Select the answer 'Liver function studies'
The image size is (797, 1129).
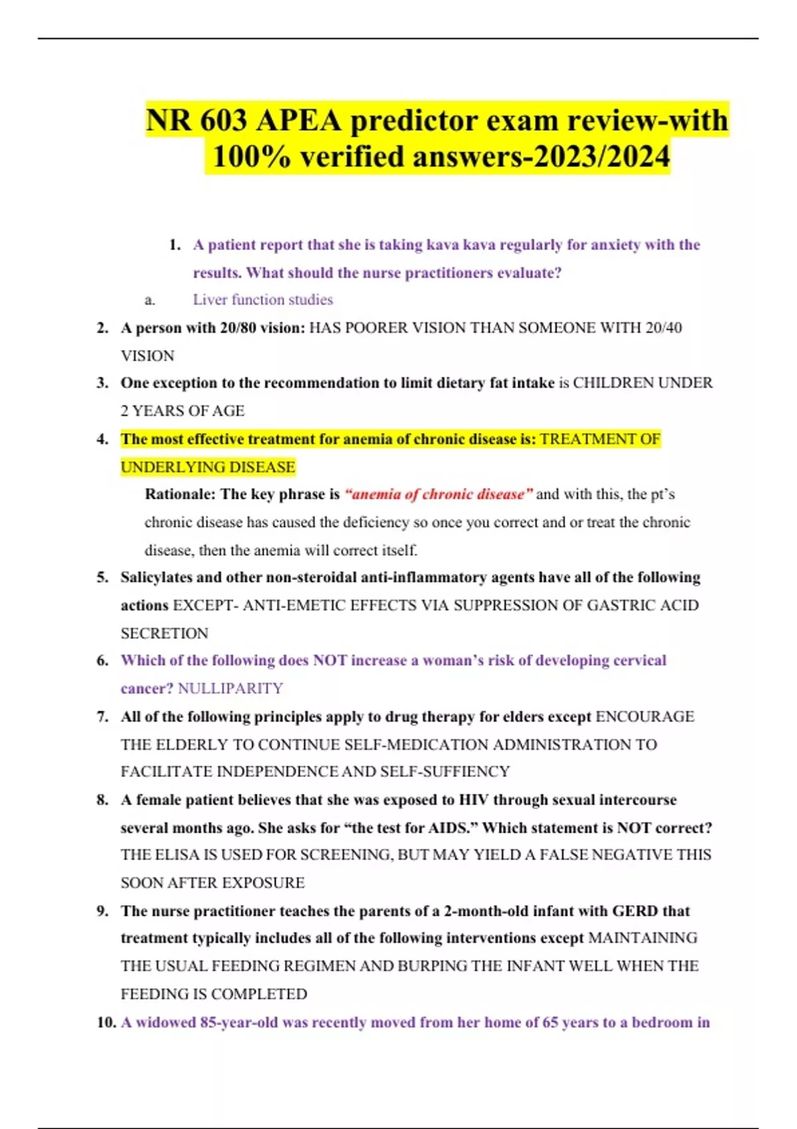(263, 300)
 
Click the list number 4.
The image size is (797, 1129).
(102, 439)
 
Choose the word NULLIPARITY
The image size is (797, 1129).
(230, 688)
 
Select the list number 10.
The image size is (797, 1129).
(106, 1022)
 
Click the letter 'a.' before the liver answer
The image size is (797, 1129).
(150, 300)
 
